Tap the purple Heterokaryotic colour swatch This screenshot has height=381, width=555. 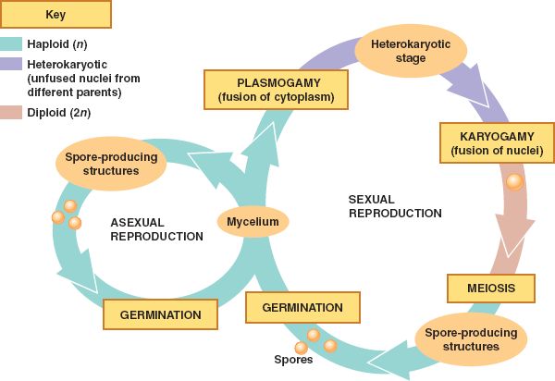pos(13,64)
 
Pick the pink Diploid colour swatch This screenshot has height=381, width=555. pos(13,113)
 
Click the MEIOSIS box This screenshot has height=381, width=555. pos(490,288)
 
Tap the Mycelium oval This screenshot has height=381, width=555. pos(253,221)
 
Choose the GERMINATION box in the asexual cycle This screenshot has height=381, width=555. pos(161,314)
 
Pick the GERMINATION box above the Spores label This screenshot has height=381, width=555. pos(302,307)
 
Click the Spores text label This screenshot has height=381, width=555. pos(293,360)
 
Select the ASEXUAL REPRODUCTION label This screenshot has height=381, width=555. pos(156,229)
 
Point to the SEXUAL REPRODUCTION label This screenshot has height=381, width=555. pos(395,206)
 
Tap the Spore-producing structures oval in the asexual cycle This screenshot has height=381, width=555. pos(111,164)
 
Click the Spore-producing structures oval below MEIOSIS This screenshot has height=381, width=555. pos(468,339)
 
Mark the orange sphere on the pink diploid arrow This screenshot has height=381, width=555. pos(513,182)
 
